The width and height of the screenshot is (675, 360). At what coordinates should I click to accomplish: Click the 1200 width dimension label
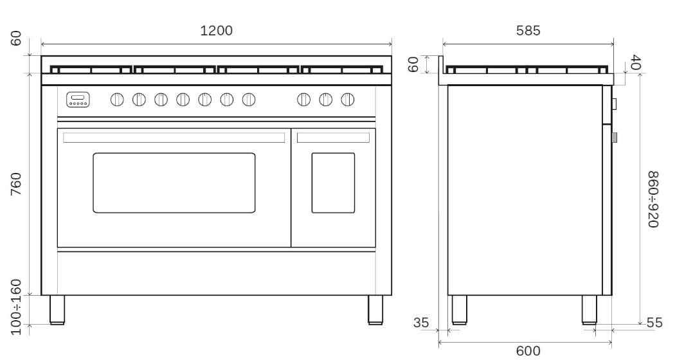[x=216, y=30]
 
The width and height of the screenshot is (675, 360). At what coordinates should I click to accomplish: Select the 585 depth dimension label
[x=528, y=30]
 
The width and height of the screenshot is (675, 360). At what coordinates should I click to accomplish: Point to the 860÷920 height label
[x=652, y=199]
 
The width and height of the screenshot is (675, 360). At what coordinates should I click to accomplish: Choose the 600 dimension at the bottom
[x=528, y=350]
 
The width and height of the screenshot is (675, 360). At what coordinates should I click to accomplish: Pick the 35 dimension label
[x=421, y=323]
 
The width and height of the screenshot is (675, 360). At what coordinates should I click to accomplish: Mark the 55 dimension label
[x=654, y=323]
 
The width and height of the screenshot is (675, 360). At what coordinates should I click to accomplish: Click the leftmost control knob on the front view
[x=117, y=99]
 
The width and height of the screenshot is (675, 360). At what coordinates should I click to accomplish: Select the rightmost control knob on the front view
[x=348, y=99]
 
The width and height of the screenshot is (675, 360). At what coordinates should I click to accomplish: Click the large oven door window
[x=174, y=183]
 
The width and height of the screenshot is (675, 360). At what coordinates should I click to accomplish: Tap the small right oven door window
[x=333, y=183]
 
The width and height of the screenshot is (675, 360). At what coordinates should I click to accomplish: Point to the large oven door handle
[x=174, y=138]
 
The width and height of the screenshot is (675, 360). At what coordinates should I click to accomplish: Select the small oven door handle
[x=333, y=138]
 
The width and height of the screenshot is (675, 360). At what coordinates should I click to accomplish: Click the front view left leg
[x=57, y=309]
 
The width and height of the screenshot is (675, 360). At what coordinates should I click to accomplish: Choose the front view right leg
[x=375, y=309]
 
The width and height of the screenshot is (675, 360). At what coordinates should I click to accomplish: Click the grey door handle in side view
[x=615, y=137]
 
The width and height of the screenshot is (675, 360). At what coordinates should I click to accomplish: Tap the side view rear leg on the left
[x=459, y=309]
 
